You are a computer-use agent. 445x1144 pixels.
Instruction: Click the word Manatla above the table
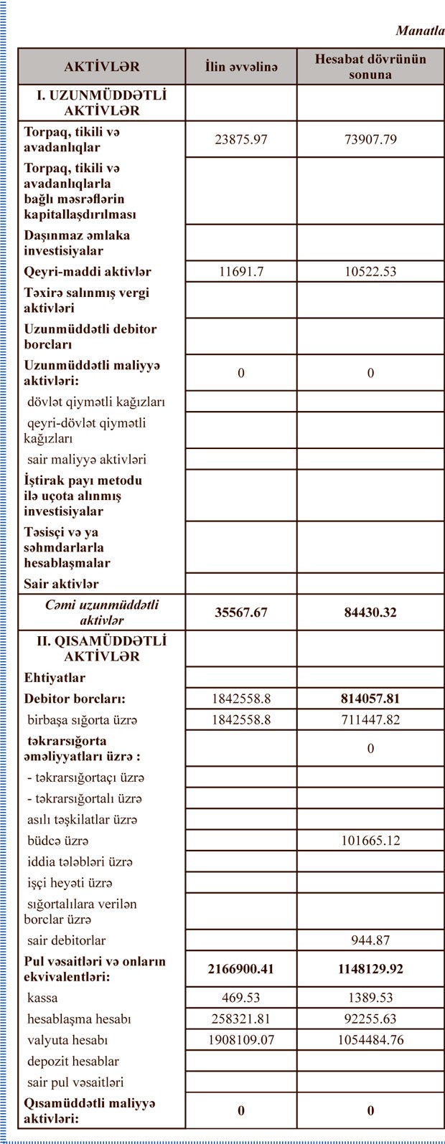tap(420, 31)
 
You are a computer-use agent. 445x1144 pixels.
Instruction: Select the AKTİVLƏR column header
tap(102, 67)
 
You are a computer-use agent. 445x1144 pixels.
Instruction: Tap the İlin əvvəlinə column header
tap(241, 67)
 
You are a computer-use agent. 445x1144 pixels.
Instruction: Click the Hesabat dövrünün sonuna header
tap(370, 67)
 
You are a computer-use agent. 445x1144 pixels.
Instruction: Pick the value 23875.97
tap(241, 139)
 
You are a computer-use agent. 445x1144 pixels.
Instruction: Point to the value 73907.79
tap(370, 139)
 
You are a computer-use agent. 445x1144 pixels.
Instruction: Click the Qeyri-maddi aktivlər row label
tap(88, 272)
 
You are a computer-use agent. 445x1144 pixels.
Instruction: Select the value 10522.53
tap(370, 272)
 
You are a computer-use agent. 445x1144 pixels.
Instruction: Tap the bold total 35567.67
tap(241, 613)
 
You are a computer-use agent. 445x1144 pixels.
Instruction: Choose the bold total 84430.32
tap(370, 613)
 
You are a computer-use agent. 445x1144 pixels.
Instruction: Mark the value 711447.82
tap(370, 719)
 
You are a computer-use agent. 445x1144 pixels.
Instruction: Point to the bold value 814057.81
tap(370, 699)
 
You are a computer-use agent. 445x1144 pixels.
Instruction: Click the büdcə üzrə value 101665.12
tap(370, 841)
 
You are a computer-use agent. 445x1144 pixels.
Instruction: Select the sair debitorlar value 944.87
tap(370, 940)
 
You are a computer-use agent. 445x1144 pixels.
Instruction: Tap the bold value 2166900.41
tap(241, 969)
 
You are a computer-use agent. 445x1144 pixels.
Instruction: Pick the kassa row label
tap(42, 998)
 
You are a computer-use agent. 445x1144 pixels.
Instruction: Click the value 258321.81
tap(241, 1018)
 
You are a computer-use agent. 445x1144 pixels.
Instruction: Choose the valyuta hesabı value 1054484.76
tap(370, 1040)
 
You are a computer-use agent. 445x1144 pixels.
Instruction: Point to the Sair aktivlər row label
tap(62, 584)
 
